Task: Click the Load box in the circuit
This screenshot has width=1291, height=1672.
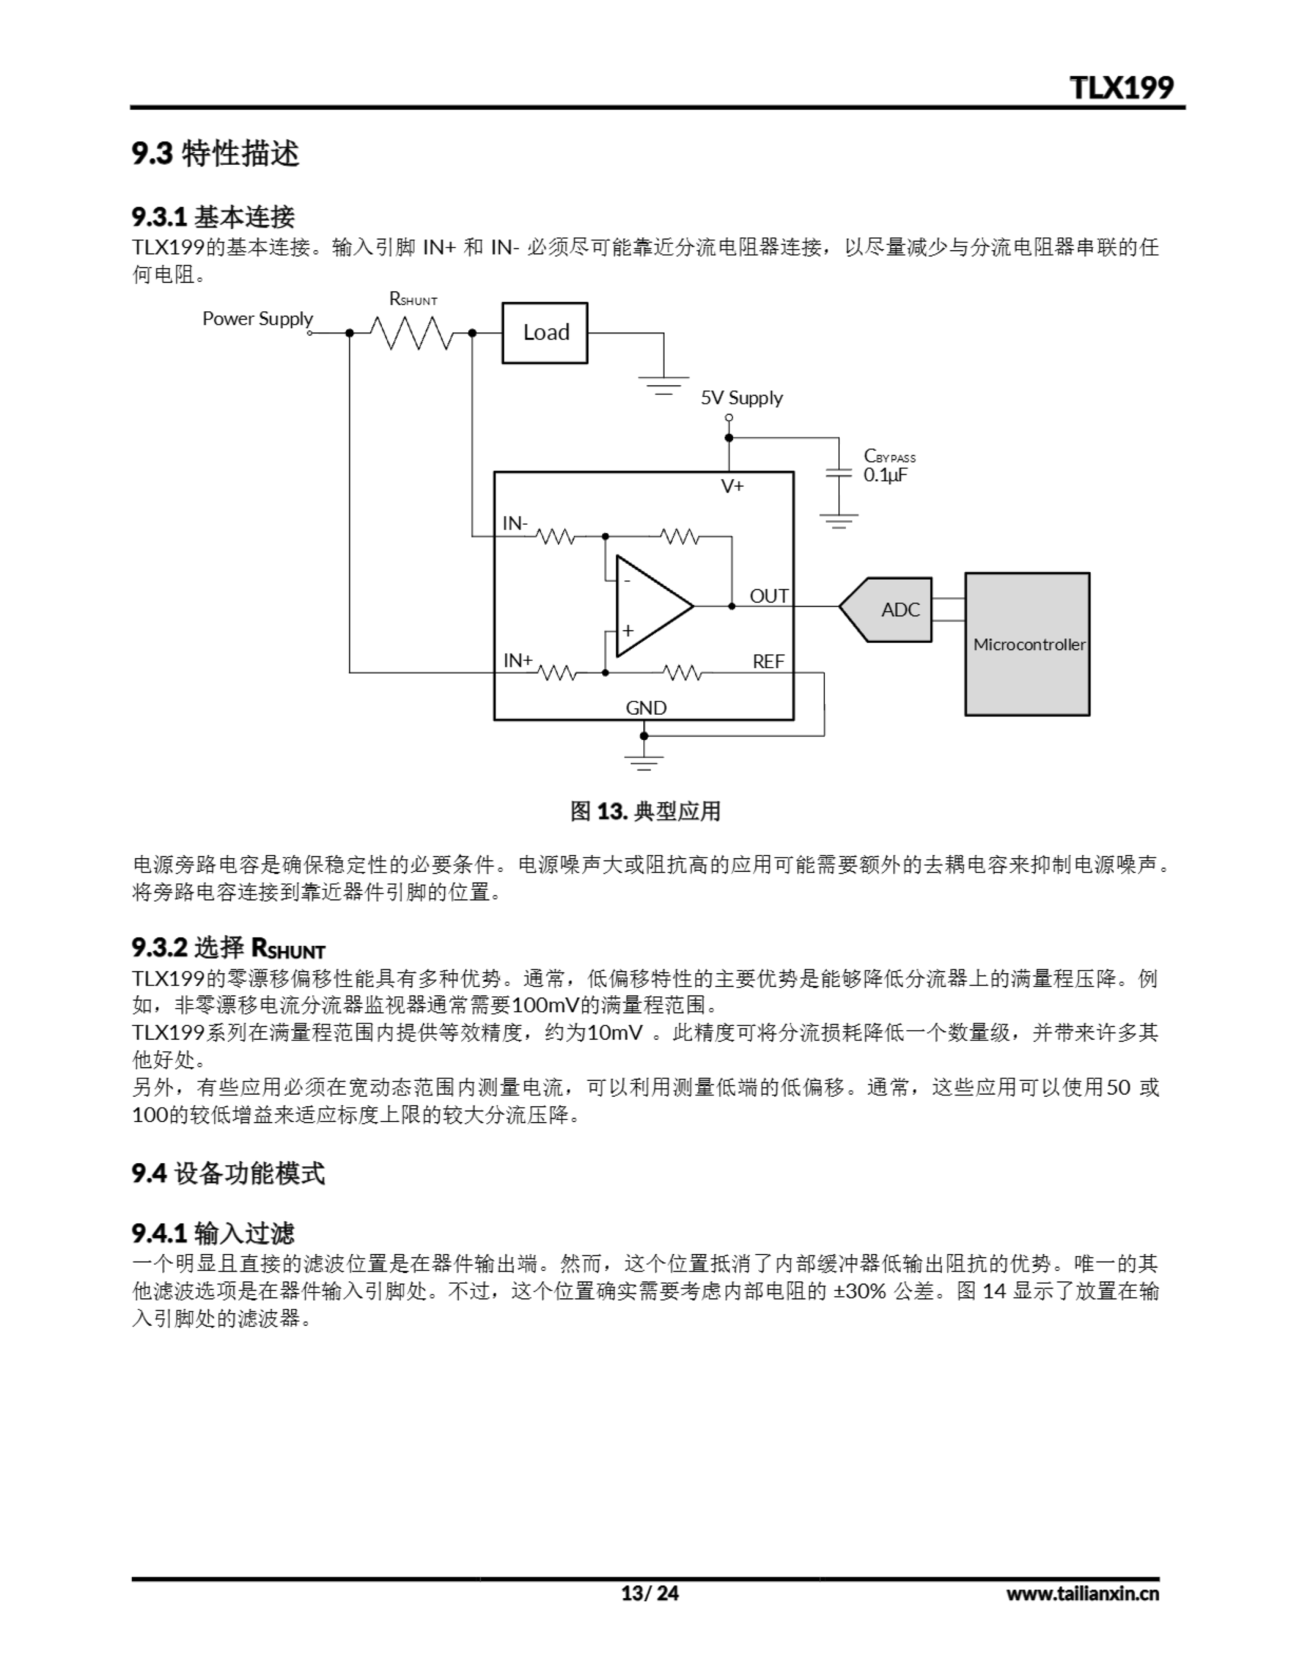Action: point(544,332)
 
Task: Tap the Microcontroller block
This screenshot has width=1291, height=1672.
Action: point(1027,644)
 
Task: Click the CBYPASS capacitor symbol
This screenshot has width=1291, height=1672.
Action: point(839,474)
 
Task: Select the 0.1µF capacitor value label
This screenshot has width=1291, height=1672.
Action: point(886,475)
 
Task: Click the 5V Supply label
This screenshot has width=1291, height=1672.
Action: point(741,398)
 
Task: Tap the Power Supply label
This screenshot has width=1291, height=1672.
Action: point(257,319)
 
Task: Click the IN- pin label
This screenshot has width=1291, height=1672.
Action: point(515,523)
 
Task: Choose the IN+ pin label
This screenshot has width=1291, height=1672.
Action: point(518,660)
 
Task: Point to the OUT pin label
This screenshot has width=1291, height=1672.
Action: point(768,596)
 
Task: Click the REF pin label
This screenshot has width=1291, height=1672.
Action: point(768,662)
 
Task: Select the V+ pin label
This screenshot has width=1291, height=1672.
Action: point(732,486)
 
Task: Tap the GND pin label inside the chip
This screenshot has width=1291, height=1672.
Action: point(646,708)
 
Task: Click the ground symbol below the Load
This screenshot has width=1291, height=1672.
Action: point(664,384)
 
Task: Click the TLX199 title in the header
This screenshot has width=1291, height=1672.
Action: point(1121,88)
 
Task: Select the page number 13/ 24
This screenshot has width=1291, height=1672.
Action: point(649,1593)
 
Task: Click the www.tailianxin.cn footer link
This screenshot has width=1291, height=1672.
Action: point(1082,1593)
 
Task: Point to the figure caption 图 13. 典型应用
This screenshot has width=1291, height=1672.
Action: point(645,811)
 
